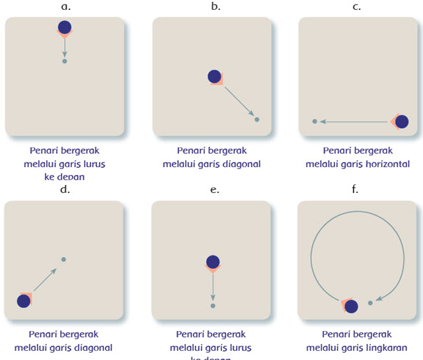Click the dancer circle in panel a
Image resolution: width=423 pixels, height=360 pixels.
[x=64, y=27]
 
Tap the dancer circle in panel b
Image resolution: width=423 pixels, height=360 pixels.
[x=214, y=77]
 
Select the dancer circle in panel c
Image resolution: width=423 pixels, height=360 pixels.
[x=401, y=122]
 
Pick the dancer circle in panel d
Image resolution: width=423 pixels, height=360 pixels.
[x=24, y=301]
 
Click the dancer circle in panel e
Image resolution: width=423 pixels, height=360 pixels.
[x=212, y=262]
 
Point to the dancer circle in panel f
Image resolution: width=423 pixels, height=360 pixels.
[x=351, y=306]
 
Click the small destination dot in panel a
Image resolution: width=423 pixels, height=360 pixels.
[x=64, y=61]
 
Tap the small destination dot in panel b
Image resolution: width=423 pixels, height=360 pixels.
[x=257, y=120]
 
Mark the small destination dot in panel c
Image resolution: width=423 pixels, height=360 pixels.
[x=315, y=122]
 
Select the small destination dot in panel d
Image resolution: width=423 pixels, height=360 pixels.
[x=63, y=259]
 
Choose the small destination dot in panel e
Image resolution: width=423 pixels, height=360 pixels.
[x=212, y=306]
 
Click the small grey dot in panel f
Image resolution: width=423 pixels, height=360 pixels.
[x=370, y=303]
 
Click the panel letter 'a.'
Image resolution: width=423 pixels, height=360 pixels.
[x=65, y=7]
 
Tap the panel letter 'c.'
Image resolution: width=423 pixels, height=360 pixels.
[x=357, y=7]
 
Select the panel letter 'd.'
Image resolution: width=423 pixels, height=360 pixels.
[x=65, y=190]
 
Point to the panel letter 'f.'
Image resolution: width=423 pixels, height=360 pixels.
[x=356, y=189]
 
